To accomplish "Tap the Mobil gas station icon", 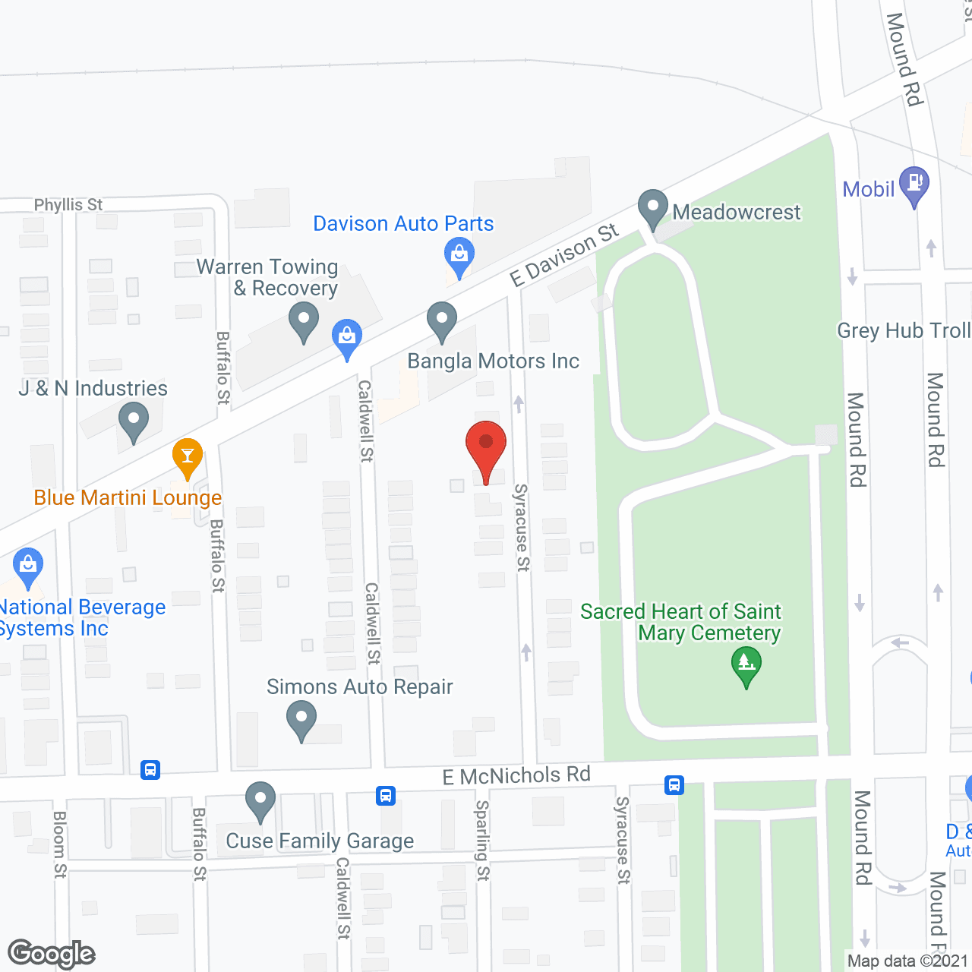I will (914, 185).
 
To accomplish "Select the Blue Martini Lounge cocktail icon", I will (187, 457).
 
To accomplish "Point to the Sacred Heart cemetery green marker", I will (746, 664).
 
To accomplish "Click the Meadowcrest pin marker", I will (652, 207).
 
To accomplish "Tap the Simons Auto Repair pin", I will (301, 718).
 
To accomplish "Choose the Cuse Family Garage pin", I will (260, 800).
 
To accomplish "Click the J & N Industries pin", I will (134, 420).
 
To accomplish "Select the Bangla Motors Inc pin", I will (441, 320).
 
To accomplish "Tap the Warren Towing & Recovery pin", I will (304, 320).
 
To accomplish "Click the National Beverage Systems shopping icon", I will (28, 566).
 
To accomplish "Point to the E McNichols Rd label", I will (516, 775).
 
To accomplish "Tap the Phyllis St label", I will (68, 205).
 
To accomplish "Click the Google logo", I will (52, 954).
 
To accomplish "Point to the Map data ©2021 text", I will (907, 961).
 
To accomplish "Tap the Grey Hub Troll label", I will (904, 331).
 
